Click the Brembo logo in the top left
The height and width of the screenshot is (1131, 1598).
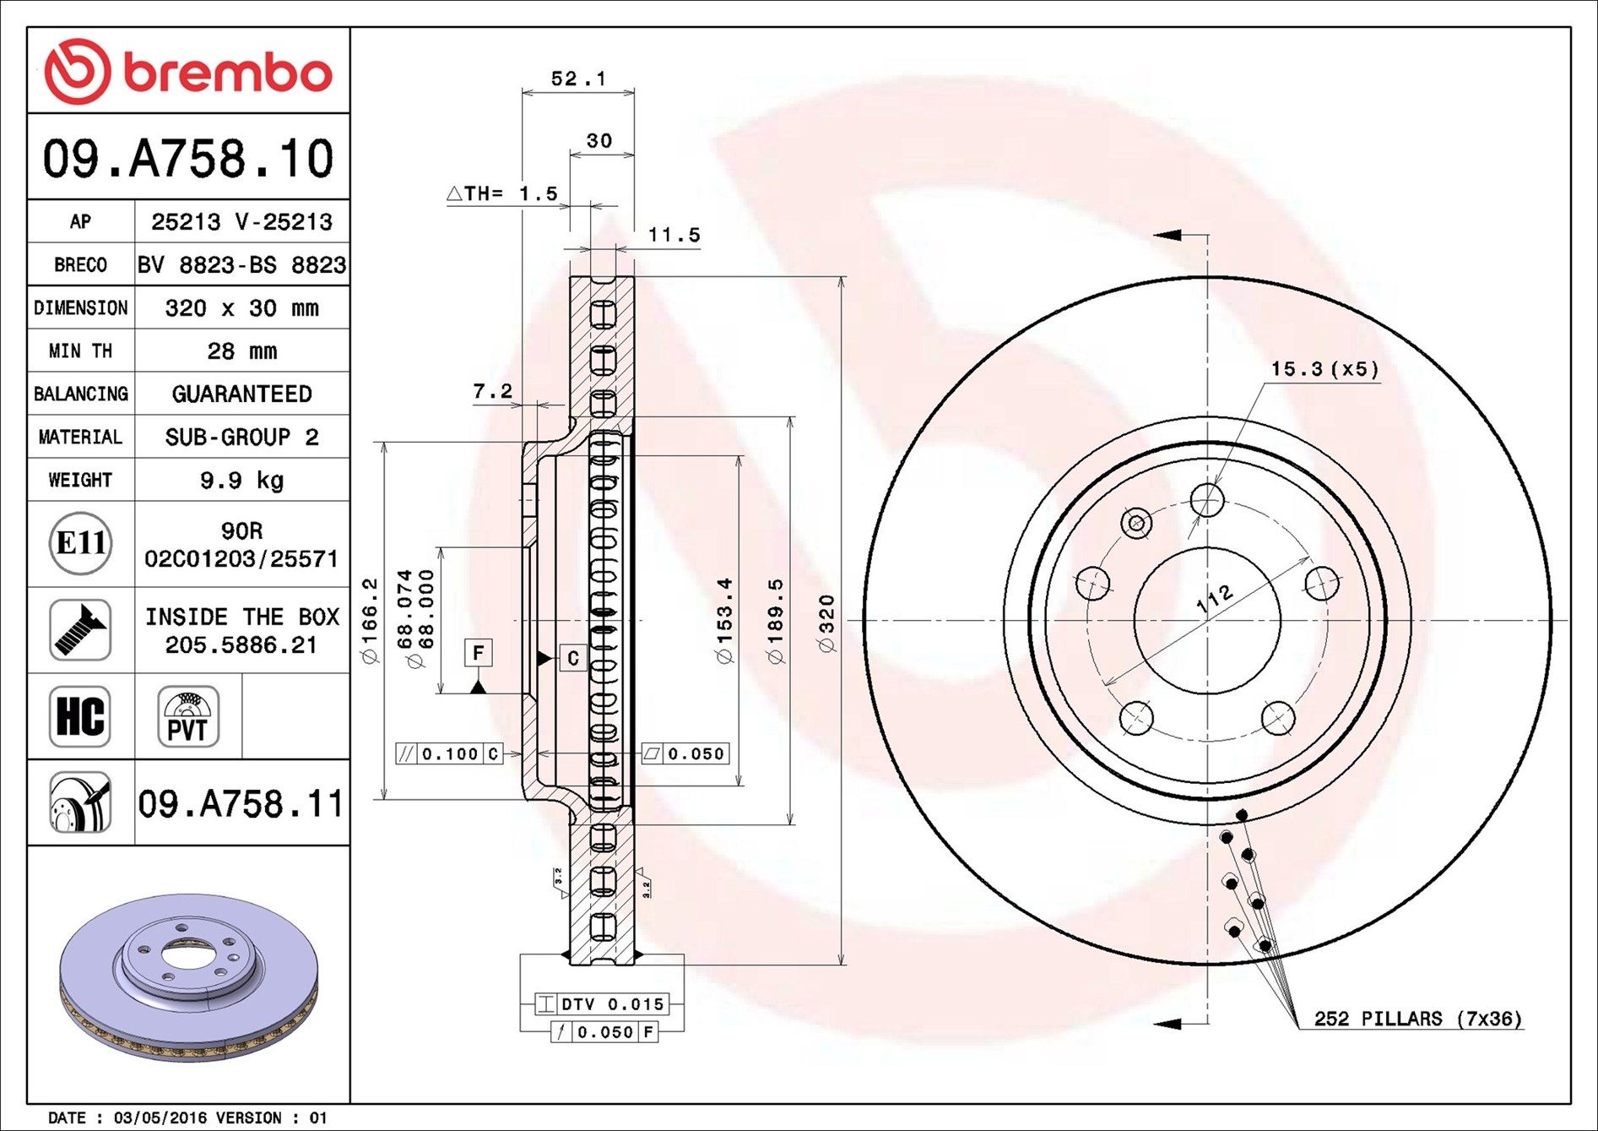pyautogui.click(x=187, y=72)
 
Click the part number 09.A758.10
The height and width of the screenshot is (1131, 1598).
pyautogui.click(x=188, y=159)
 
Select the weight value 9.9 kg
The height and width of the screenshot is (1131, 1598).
pyautogui.click(x=241, y=481)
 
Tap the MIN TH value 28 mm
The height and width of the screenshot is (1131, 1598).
pyautogui.click(x=241, y=351)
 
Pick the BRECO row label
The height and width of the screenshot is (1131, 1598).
pyautogui.click(x=80, y=265)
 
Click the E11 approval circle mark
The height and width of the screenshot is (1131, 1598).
pyautogui.click(x=80, y=543)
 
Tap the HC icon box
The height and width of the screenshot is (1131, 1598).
pyautogui.click(x=80, y=716)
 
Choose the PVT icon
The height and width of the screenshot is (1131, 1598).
pyautogui.click(x=187, y=716)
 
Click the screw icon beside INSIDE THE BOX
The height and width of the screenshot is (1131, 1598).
pyautogui.click(x=80, y=630)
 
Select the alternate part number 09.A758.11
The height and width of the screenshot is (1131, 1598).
pyautogui.click(x=241, y=803)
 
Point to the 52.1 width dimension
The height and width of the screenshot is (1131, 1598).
pyautogui.click(x=578, y=79)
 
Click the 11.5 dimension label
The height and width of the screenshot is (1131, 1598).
pyautogui.click(x=674, y=235)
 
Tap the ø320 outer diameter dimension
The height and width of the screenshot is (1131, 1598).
pyautogui.click(x=827, y=623)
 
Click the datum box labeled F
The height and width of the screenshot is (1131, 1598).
pyautogui.click(x=479, y=653)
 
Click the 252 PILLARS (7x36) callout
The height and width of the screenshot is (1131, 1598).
pyautogui.click(x=1417, y=1019)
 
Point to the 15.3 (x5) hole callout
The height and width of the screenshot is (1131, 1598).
pyautogui.click(x=1324, y=369)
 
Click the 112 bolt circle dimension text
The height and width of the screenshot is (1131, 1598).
pyautogui.click(x=1215, y=599)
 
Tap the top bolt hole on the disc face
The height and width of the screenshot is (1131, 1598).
pyautogui.click(x=1207, y=500)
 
